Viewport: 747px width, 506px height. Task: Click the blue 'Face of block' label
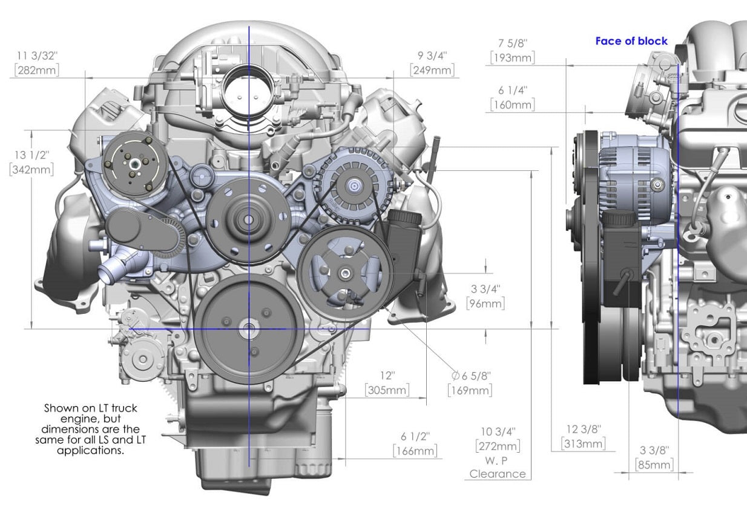tap(631, 41)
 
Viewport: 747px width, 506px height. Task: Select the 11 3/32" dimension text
tap(38, 56)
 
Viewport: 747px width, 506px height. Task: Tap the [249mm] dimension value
tap(432, 70)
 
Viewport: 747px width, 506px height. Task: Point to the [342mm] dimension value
tap(31, 169)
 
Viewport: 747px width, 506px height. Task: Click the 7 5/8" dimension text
tap(513, 44)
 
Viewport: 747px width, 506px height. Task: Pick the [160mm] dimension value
tap(513, 105)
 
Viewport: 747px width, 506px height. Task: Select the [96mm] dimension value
tap(485, 304)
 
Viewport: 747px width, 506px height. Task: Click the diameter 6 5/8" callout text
tap(470, 376)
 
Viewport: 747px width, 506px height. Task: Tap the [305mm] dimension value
tap(387, 390)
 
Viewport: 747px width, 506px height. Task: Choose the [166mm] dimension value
tap(415, 451)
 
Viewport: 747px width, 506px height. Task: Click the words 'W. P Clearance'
tap(498, 467)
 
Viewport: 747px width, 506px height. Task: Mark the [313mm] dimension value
tap(584, 444)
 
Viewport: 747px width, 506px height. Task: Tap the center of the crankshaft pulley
tap(248, 330)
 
